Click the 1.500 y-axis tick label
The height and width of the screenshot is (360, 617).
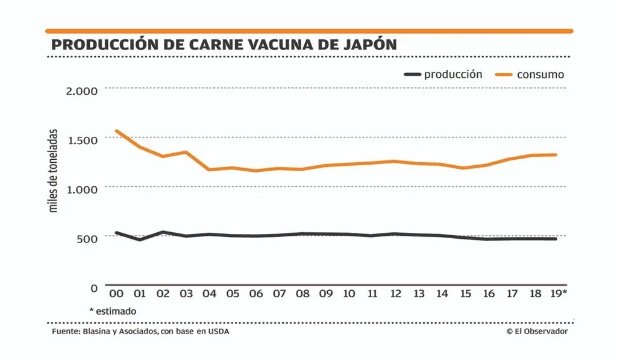pyautogui.click(x=81, y=140)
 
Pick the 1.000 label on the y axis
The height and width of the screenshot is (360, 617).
pyautogui.click(x=81, y=189)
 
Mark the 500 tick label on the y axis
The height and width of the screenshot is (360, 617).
pyautogui.click(x=86, y=238)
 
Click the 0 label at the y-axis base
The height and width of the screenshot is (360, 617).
pyautogui.click(x=94, y=288)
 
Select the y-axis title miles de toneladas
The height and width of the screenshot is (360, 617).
pyautogui.click(x=54, y=170)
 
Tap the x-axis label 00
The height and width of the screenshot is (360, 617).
pyautogui.click(x=116, y=294)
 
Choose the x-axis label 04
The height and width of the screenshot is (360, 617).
pyautogui.click(x=209, y=294)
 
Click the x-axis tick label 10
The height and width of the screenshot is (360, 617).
pyautogui.click(x=349, y=294)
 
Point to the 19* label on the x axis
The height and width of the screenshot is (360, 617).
pyautogui.click(x=558, y=294)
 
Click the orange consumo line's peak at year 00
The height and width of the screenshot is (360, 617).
pyautogui.click(x=116, y=131)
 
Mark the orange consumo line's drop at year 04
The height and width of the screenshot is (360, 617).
pyautogui.click(x=209, y=169)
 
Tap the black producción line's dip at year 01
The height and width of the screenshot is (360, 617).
pyautogui.click(x=139, y=239)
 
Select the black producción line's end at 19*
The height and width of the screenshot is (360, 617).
pyautogui.click(x=556, y=239)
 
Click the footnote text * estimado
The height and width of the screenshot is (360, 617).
pyautogui.click(x=113, y=311)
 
